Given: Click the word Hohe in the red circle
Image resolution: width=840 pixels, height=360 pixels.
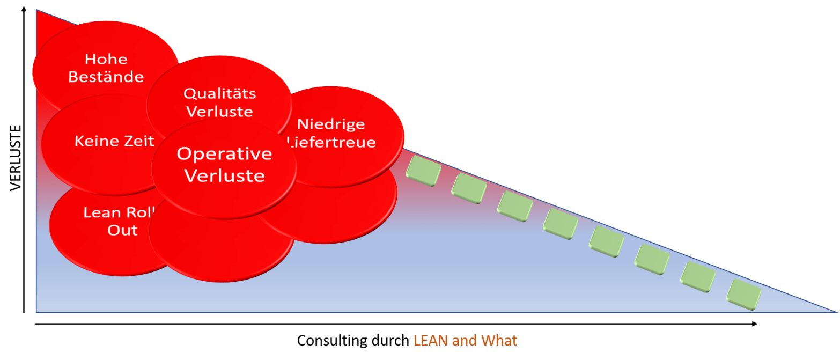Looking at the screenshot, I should pyautogui.click(x=106, y=59).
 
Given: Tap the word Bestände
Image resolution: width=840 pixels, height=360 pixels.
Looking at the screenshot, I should pyautogui.click(x=106, y=77).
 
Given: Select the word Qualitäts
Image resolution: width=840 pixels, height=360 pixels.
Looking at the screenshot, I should pyautogui.click(x=219, y=93).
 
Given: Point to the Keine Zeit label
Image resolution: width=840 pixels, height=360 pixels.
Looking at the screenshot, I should pyautogui.click(x=114, y=141).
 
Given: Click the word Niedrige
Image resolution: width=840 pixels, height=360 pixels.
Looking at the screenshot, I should pyautogui.click(x=331, y=124).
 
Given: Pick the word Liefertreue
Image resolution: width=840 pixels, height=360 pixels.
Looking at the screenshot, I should pyautogui.click(x=332, y=142).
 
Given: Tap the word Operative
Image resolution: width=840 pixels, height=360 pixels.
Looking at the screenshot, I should pyautogui.click(x=224, y=154).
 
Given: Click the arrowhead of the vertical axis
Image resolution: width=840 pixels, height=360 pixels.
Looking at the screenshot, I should pyautogui.click(x=24, y=9).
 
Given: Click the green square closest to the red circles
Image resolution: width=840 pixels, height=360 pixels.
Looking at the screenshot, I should pyautogui.click(x=423, y=171).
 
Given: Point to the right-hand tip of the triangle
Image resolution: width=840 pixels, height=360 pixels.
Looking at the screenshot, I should pyautogui.click(x=836, y=311).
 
